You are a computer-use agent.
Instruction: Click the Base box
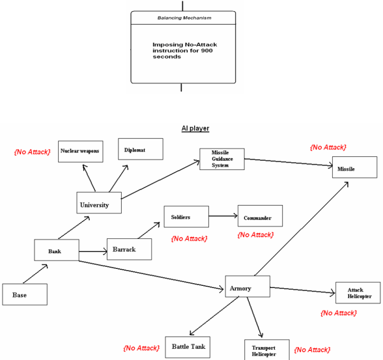click(25, 294)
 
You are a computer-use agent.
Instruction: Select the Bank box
click(57, 250)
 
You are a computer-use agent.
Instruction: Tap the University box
click(99, 202)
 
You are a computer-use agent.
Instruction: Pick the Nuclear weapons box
click(81, 151)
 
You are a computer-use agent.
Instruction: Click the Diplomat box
click(141, 149)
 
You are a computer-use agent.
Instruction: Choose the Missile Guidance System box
click(222, 159)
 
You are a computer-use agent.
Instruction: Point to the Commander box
click(260, 215)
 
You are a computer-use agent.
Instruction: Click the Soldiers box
click(186, 217)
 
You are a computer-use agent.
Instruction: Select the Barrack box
click(129, 249)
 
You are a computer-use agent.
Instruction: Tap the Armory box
click(248, 286)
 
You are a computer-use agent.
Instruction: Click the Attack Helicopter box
click(358, 293)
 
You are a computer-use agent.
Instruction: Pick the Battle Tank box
click(188, 348)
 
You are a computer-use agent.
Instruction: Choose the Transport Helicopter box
click(267, 350)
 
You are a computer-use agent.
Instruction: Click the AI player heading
click(195, 128)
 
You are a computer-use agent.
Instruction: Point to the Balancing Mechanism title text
click(184, 18)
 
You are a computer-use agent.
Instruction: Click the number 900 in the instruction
click(207, 51)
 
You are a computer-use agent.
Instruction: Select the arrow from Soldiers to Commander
click(223, 215)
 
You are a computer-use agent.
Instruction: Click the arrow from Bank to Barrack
click(93, 251)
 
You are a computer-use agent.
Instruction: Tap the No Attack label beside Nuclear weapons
click(33, 152)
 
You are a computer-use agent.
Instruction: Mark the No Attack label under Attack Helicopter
click(339, 313)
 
